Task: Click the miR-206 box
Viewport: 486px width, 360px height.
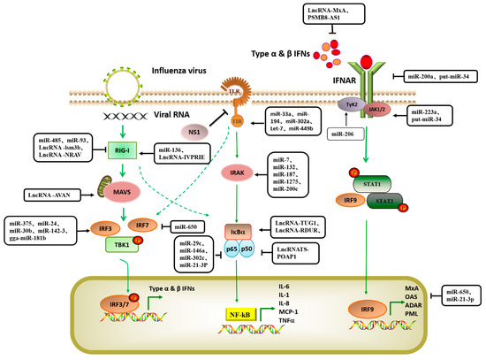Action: tap(346, 134)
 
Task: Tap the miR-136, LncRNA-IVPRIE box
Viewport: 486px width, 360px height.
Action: tap(187, 151)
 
